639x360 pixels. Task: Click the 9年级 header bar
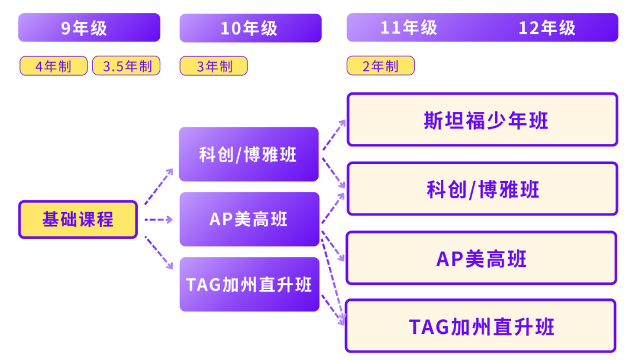tap(89, 28)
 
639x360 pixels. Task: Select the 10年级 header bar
tap(250, 28)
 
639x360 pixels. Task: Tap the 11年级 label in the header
tap(409, 28)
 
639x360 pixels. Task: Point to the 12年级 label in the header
tap(547, 28)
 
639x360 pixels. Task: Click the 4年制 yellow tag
tap(53, 66)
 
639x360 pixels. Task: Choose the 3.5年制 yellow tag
tap(126, 66)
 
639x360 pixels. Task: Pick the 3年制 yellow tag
tap(214, 66)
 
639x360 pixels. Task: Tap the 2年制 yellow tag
tap(380, 66)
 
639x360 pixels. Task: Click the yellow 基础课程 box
tap(78, 220)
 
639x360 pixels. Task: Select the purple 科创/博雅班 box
tap(248, 155)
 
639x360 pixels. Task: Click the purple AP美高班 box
tap(248, 219)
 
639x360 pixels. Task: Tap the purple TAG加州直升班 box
tap(249, 284)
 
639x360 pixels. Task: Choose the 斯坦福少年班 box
tap(482, 120)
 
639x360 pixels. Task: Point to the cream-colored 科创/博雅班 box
tap(482, 189)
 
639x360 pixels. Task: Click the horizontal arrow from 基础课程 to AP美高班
tap(158, 220)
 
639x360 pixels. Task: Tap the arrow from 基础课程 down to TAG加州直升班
tap(159, 253)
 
